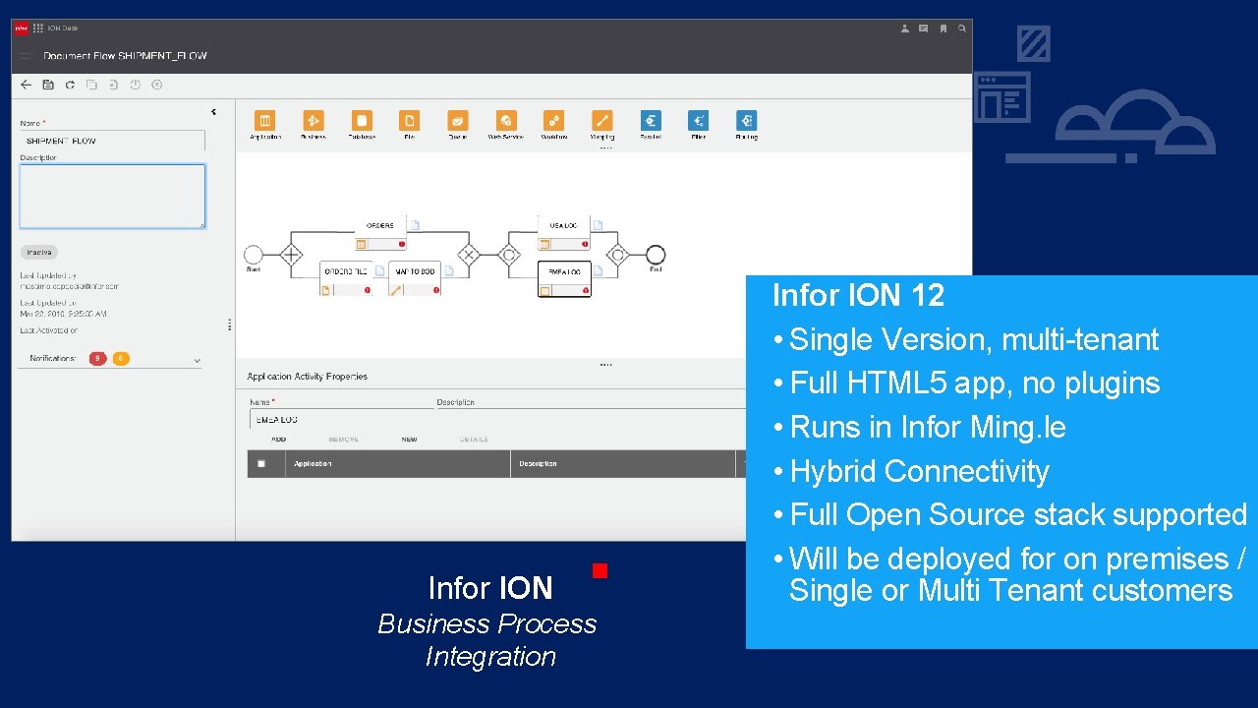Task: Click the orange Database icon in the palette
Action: pyautogui.click(x=362, y=120)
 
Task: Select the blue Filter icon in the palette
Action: pyautogui.click(x=699, y=120)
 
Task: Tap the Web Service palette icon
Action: pyautogui.click(x=506, y=120)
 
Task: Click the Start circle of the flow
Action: pyautogui.click(x=254, y=255)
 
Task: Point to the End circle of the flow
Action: pyautogui.click(x=656, y=255)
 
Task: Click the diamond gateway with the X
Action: pyautogui.click(x=468, y=255)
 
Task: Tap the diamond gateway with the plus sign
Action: pyautogui.click(x=291, y=255)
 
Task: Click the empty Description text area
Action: pyautogui.click(x=113, y=196)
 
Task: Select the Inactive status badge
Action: pyautogui.click(x=39, y=253)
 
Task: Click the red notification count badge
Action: pyautogui.click(x=97, y=359)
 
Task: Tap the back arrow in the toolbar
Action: pyautogui.click(x=27, y=85)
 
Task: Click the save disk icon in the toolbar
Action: pyautogui.click(x=48, y=85)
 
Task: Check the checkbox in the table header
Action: pyautogui.click(x=260, y=464)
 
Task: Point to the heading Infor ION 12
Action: pyautogui.click(x=858, y=295)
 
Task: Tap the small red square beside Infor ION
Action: pyautogui.click(x=600, y=570)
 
